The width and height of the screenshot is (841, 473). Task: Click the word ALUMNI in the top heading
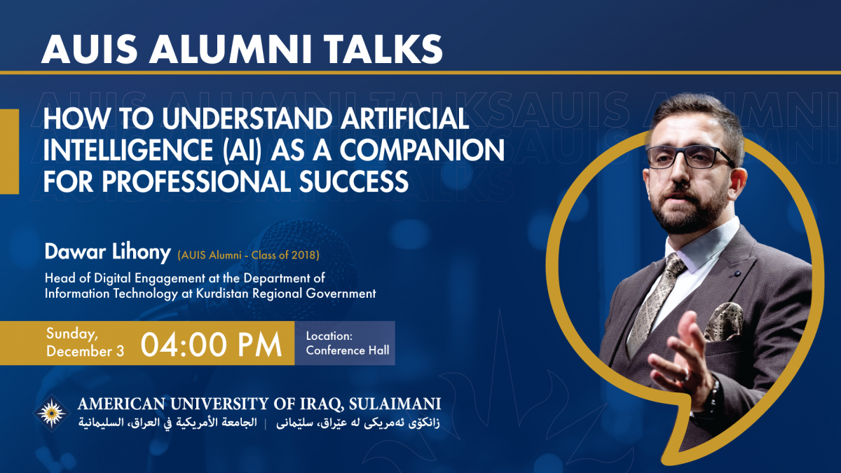pyautogui.click(x=230, y=50)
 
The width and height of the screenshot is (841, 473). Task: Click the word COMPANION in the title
pyautogui.click(x=422, y=150)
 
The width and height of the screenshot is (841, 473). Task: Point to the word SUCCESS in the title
pyautogui.click(x=354, y=181)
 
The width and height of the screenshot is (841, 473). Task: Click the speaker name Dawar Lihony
pyautogui.click(x=108, y=252)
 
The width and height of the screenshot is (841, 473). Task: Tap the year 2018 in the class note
pyautogui.click(x=303, y=255)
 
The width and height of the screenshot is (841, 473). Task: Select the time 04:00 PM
pyautogui.click(x=211, y=344)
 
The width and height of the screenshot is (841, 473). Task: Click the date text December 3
pyautogui.click(x=85, y=351)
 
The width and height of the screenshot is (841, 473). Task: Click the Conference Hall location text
pyautogui.click(x=348, y=350)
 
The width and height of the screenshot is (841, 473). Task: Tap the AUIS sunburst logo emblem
pyautogui.click(x=51, y=413)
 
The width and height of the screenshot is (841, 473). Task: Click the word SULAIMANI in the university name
pyautogui.click(x=395, y=404)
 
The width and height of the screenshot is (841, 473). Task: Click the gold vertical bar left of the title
pyautogui.click(x=9, y=151)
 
